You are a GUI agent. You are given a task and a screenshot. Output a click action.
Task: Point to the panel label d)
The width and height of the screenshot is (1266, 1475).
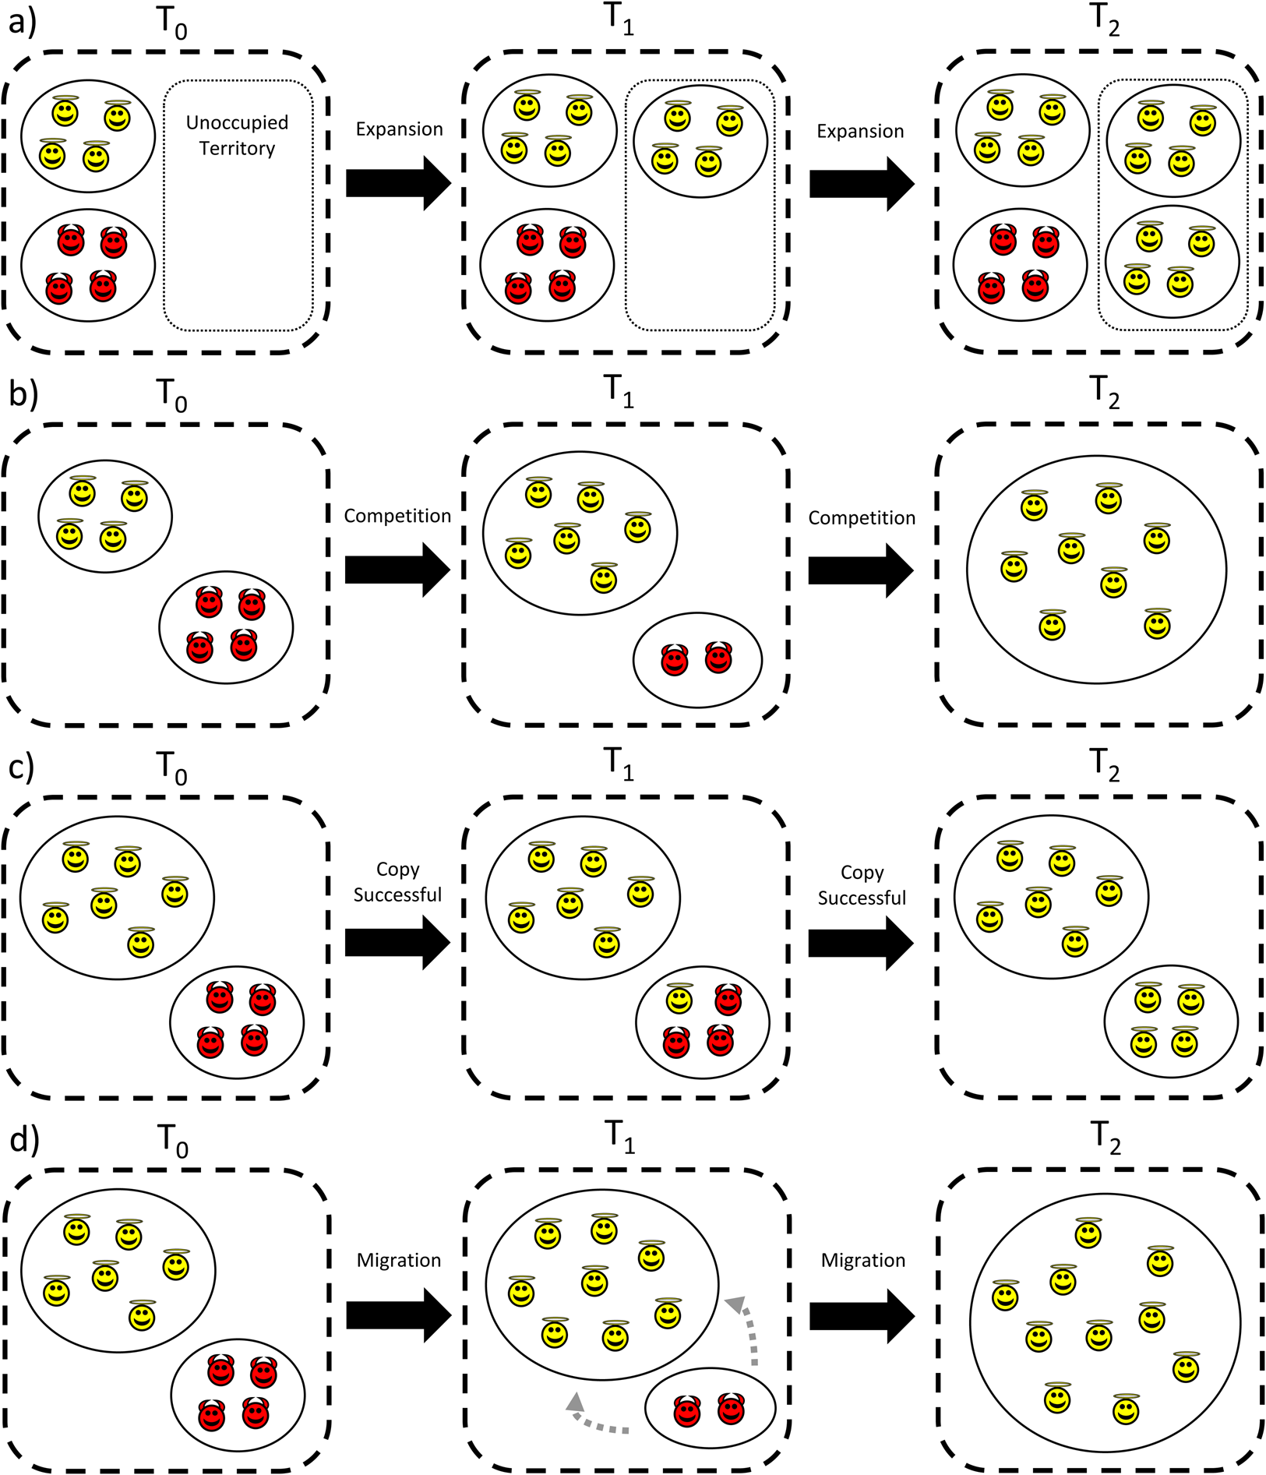tap(23, 1139)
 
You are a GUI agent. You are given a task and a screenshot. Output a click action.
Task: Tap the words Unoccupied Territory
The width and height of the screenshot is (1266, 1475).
tap(237, 136)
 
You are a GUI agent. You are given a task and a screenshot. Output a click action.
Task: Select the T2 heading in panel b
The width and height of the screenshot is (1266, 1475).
tap(1104, 393)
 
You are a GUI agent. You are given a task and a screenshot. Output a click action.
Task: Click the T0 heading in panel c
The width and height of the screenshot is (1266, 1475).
tap(172, 767)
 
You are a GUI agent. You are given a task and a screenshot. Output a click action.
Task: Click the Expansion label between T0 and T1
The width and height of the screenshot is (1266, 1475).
tap(399, 129)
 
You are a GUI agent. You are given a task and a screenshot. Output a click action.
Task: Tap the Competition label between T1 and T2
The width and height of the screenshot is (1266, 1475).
tap(861, 518)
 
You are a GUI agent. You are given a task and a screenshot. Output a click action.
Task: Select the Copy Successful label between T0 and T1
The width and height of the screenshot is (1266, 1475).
tap(397, 882)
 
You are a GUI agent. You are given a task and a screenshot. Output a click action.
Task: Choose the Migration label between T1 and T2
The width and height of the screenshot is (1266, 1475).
tap(862, 1261)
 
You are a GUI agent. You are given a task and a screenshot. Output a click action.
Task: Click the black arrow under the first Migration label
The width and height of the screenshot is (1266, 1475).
tap(398, 1315)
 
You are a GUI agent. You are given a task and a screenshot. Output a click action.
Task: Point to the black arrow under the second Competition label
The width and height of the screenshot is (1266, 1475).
tap(860, 571)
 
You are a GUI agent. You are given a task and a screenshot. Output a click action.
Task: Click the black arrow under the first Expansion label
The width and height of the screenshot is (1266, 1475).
tap(398, 183)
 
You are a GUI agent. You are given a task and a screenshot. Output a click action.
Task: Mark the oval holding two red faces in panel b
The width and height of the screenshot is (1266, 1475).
tap(697, 660)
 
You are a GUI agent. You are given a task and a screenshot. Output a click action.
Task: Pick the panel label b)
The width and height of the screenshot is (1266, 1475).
tap(23, 394)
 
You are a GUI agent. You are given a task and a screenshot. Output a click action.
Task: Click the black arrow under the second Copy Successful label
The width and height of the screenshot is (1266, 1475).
tap(860, 944)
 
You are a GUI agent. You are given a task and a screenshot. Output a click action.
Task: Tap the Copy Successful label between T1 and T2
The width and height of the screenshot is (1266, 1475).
tap(862, 885)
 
